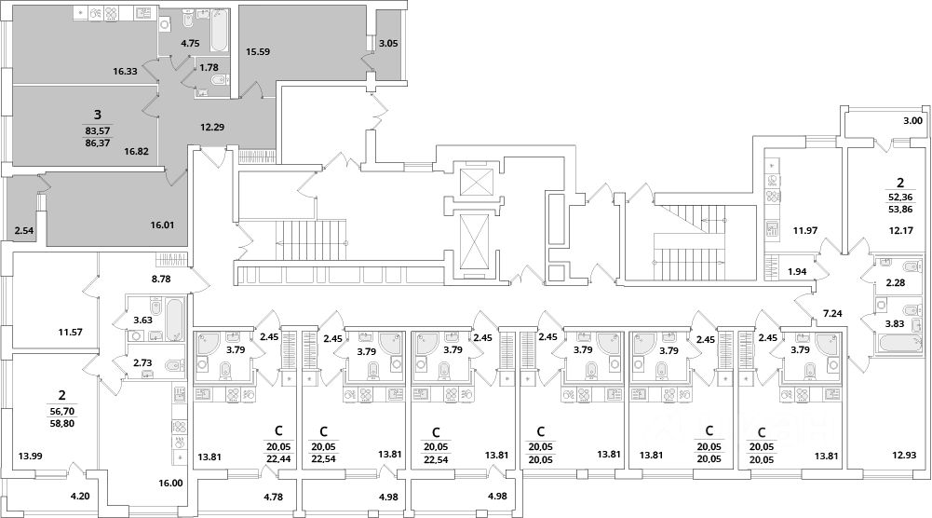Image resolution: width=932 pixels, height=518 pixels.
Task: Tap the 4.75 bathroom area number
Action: coord(191,44)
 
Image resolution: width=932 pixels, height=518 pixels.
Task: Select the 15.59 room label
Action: coord(257,53)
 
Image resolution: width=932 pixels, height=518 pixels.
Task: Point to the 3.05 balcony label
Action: coord(389,43)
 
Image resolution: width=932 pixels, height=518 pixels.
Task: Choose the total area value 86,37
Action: coord(97,143)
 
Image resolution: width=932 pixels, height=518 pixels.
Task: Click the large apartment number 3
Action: coord(97,114)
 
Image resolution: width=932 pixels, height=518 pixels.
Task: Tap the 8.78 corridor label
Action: coord(163,278)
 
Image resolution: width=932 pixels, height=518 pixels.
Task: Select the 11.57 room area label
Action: coord(71,331)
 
